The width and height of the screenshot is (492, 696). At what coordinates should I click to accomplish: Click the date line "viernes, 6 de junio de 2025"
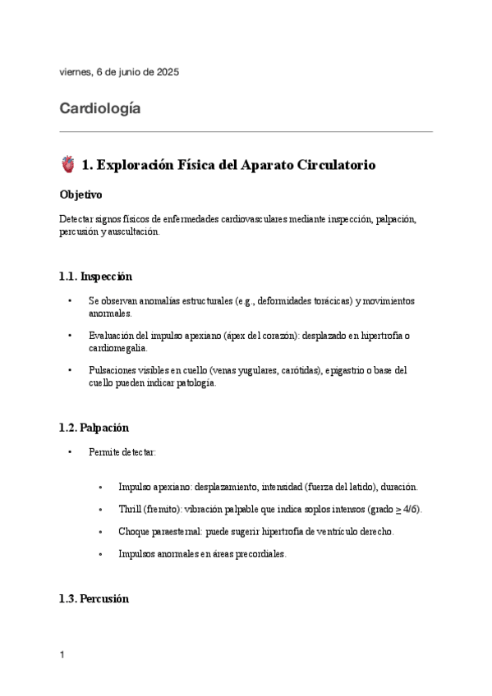[119, 72]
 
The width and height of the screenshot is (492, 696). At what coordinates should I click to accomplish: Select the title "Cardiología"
[100, 108]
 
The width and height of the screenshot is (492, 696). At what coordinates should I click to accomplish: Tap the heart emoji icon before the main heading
[68, 165]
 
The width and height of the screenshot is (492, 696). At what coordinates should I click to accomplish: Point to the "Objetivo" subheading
[80, 196]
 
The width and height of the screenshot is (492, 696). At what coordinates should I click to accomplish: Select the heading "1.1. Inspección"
[95, 277]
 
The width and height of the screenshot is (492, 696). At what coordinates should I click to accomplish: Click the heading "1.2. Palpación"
[94, 428]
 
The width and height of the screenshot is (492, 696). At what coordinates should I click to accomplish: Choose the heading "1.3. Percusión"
[94, 599]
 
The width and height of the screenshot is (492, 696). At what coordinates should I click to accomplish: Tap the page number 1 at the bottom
[62, 655]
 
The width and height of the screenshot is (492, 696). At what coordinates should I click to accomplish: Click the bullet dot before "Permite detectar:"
[71, 452]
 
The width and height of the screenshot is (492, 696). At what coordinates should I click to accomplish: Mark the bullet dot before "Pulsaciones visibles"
[71, 371]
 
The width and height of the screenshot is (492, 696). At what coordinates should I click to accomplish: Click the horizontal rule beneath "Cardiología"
[246, 131]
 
